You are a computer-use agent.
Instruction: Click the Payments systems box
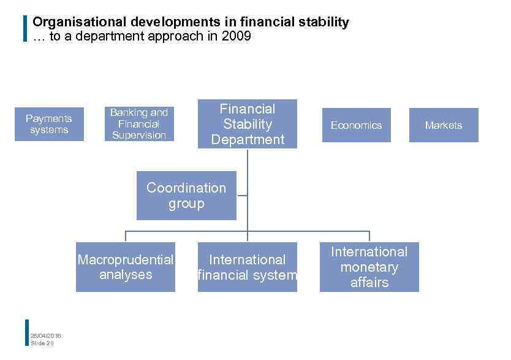[49, 124]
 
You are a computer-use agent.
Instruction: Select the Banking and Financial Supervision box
[138, 124]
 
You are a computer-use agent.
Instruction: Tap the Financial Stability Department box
[248, 124]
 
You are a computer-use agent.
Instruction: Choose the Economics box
[356, 125]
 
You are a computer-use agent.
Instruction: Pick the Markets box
[444, 125]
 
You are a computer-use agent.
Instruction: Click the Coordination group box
[186, 196]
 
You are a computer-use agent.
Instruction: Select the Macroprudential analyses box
[126, 267]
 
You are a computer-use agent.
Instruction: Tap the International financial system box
[248, 267]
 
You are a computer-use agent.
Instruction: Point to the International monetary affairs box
[369, 267]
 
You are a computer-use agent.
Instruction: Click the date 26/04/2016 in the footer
[46, 335]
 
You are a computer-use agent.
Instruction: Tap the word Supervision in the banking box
[139, 135]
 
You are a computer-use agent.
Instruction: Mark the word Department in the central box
[248, 140]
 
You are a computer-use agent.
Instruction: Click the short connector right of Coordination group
[242, 196]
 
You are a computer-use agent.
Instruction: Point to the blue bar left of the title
[25, 28]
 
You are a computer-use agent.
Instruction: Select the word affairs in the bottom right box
[369, 282]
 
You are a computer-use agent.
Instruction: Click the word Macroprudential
[126, 260]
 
